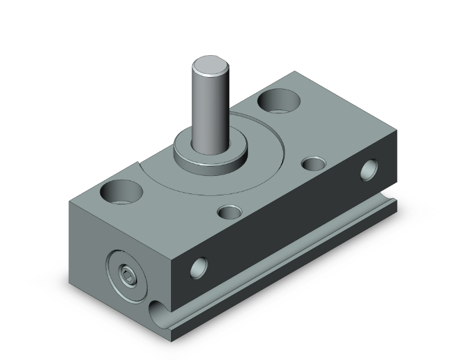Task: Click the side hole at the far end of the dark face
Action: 371,169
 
